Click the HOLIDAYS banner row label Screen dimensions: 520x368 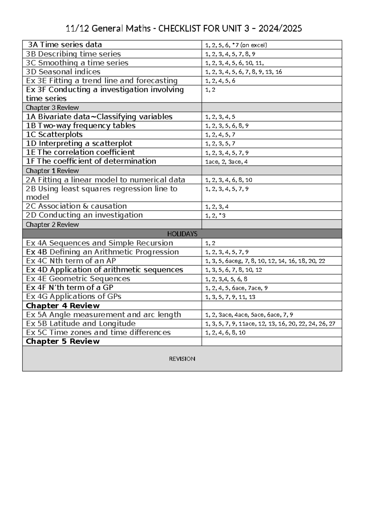pyautogui.click(x=182, y=234)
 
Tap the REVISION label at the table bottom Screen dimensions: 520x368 pyautogui.click(x=182, y=359)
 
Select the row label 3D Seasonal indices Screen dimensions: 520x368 pyautogui.click(x=63, y=72)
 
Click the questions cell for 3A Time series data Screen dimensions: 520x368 pyautogui.click(x=236, y=45)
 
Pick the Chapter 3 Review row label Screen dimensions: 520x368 pyautogui.click(x=52, y=108)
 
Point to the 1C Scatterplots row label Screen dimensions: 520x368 pyautogui.click(x=54, y=135)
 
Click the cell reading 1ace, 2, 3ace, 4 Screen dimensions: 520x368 pyautogui.click(x=226, y=162)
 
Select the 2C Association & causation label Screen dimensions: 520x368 pyautogui.click(x=76, y=206)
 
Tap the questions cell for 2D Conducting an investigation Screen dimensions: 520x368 pyautogui.click(x=215, y=216)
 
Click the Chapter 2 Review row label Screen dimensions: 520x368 pyautogui.click(x=52, y=225)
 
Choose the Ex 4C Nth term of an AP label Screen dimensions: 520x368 pyautogui.click(x=71, y=261)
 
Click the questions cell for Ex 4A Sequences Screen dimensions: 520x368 pyautogui.click(x=210, y=243)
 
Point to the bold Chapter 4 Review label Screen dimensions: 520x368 pyautogui.click(x=63, y=306)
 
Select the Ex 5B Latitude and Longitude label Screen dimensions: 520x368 pyautogui.click(x=81, y=323)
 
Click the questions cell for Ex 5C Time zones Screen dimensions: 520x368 pyautogui.click(x=225, y=333)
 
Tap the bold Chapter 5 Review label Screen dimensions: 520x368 pyautogui.click(x=63, y=341)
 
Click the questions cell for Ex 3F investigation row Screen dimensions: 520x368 pyautogui.click(x=210, y=90)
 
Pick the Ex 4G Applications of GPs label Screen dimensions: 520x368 pyautogui.click(x=74, y=296)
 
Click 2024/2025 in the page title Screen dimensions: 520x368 pyautogui.click(x=280, y=29)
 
